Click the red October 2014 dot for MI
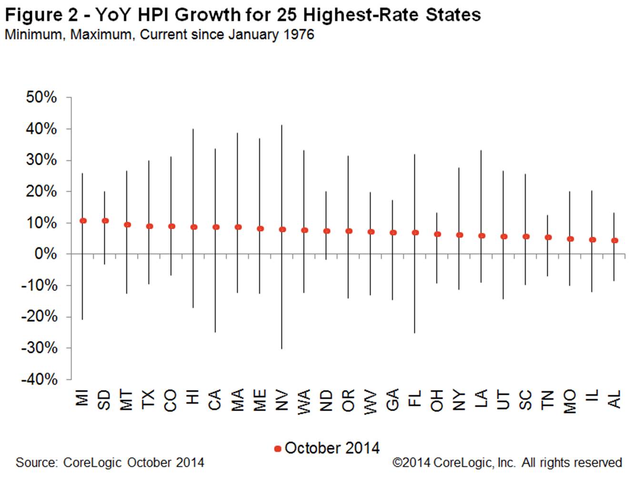click(83, 221)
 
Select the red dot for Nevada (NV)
click(282, 229)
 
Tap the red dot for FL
click(415, 232)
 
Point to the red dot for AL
click(614, 241)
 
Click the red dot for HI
click(194, 227)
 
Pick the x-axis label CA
click(215, 400)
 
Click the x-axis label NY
click(459, 400)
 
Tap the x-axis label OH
click(437, 400)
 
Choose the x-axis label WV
click(371, 402)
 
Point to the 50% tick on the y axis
click(41, 98)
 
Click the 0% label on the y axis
click(46, 254)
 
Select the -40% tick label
click(39, 379)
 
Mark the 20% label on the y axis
click(41, 191)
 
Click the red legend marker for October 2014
click(278, 449)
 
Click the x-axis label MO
click(570, 401)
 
